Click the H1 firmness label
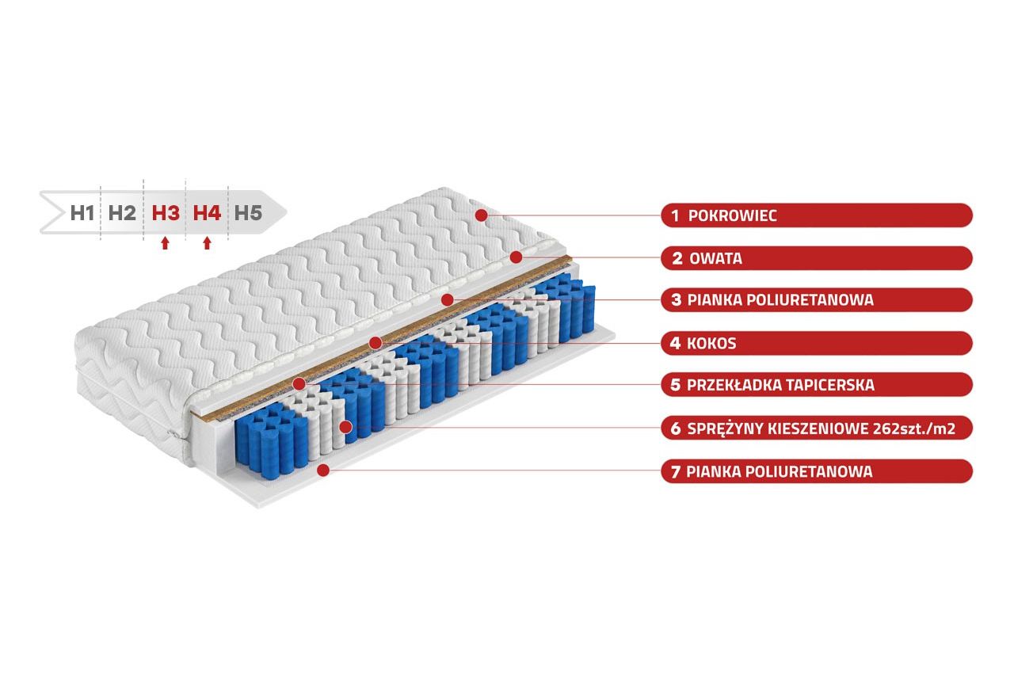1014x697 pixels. tap(82, 212)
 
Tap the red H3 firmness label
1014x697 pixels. tap(165, 212)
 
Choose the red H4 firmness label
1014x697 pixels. tap(207, 212)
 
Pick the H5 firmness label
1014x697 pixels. tap(247, 212)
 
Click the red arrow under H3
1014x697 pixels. tap(165, 243)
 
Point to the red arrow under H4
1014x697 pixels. tap(207, 243)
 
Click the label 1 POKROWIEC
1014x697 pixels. tap(816, 215)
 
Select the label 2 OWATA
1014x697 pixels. tap(816, 258)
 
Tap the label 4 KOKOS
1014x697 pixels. tap(816, 343)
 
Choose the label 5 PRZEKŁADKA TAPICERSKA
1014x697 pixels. tap(816, 385)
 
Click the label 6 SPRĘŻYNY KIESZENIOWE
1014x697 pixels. tap(816, 428)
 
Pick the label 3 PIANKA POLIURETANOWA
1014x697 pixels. tap(816, 300)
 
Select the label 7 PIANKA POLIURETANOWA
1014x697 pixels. tap(816, 471)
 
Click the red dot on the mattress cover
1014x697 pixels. tap(480, 215)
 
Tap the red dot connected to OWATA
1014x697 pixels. tap(516, 257)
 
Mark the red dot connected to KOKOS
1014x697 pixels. tap(375, 342)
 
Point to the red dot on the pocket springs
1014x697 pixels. tap(345, 428)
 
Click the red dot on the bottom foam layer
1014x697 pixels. tap(322, 470)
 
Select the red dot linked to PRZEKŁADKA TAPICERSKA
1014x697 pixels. tap(299, 384)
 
